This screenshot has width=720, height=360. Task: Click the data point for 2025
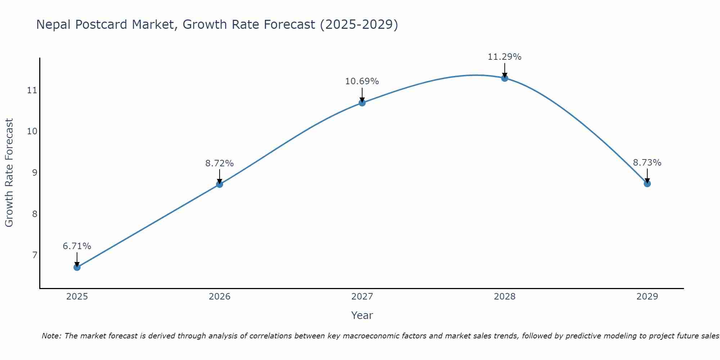77,267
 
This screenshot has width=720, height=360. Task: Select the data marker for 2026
220,184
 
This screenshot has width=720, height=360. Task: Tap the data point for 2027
362,103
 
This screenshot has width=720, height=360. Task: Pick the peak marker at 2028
505,78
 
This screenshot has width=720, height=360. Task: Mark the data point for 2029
647,184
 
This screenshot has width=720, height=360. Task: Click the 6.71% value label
77,246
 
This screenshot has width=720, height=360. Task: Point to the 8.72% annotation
220,163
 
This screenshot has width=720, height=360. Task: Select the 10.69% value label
362,81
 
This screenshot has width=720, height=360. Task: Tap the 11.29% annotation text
505,57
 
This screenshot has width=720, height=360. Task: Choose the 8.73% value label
647,163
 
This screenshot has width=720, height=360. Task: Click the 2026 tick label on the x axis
220,297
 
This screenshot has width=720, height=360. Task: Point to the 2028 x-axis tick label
505,297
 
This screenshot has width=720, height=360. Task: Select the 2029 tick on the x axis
647,297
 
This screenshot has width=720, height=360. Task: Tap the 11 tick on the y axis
32,90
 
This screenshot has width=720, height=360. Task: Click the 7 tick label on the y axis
35,255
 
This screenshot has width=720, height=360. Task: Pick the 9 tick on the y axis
35,172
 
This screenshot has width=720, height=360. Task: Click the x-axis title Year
362,315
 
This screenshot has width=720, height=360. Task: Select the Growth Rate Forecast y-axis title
9,172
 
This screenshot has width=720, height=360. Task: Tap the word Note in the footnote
51,336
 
